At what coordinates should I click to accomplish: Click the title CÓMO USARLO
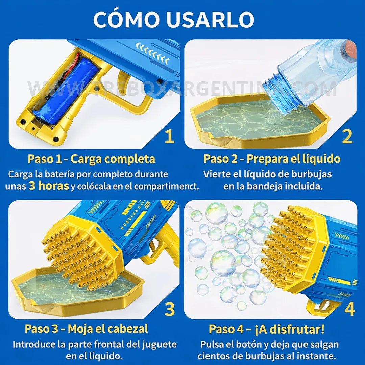tap(174, 20)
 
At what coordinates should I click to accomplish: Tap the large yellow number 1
tap(169, 137)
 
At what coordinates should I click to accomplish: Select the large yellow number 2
tap(347, 137)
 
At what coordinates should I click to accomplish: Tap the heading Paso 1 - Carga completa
tap(91, 159)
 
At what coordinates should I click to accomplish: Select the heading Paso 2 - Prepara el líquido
tap(272, 159)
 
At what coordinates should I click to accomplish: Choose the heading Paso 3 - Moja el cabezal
tap(86, 329)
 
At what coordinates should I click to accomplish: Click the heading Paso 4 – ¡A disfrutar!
tap(267, 329)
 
